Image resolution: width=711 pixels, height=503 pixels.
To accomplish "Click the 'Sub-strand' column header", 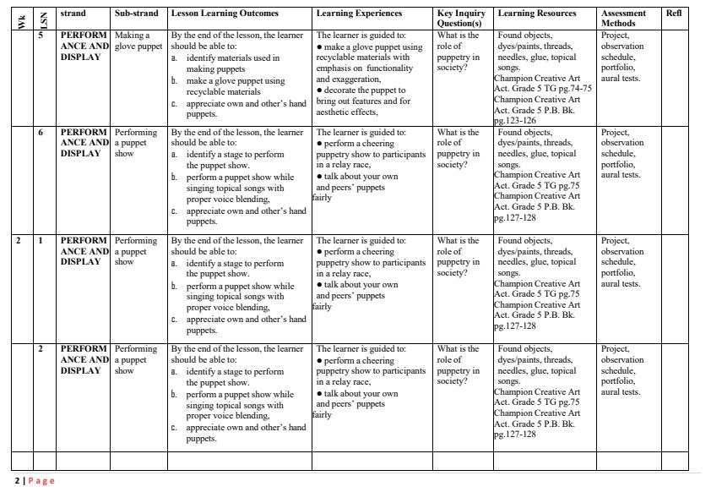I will pyautogui.click(x=136, y=14).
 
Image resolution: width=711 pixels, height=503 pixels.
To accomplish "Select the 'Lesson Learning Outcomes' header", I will pyautogui.click(x=225, y=14).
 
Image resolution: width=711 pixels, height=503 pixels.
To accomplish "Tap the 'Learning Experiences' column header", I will pyautogui.click(x=359, y=14).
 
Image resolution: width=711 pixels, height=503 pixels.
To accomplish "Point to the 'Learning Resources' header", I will pyautogui.click(x=537, y=14).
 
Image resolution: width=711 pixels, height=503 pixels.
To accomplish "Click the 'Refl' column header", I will pyautogui.click(x=673, y=14).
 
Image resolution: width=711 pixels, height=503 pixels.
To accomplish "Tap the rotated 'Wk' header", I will pyautogui.click(x=21, y=21).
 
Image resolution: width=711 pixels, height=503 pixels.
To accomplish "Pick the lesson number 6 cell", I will pyautogui.click(x=40, y=133).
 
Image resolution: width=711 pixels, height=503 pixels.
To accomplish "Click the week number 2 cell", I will pyautogui.click(x=18, y=241).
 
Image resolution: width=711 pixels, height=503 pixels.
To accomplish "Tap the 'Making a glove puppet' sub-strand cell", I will pyautogui.click(x=136, y=41).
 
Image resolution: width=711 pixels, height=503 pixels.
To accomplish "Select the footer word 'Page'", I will pyautogui.click(x=41, y=481).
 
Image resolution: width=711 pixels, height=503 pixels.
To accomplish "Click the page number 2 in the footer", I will pyautogui.click(x=17, y=481).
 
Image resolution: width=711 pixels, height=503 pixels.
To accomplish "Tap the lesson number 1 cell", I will pyautogui.click(x=40, y=241).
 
